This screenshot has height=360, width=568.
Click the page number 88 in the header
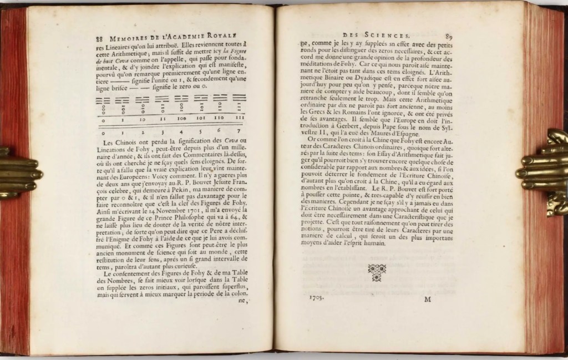94,39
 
